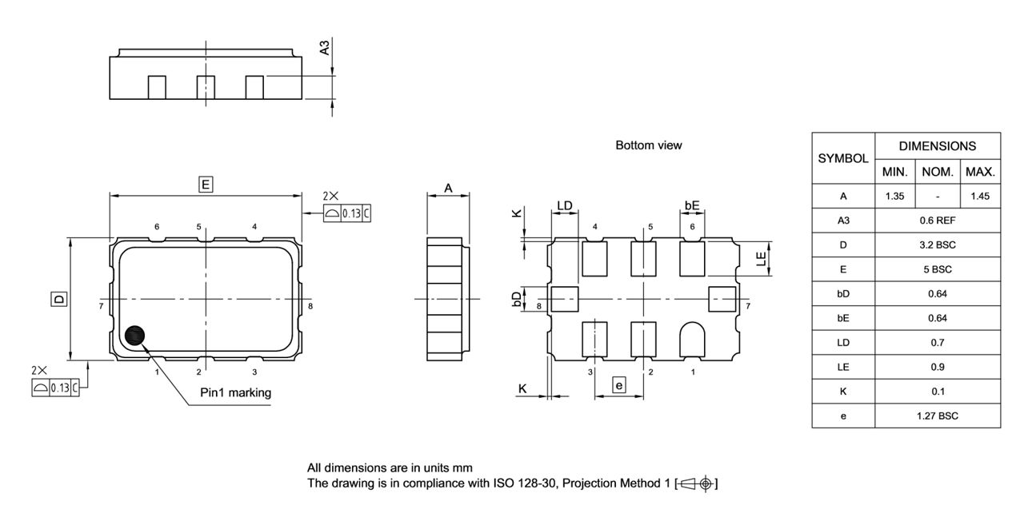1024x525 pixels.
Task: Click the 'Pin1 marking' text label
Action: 235,392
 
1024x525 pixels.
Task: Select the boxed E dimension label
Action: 206,185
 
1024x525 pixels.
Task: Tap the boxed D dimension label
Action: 58,300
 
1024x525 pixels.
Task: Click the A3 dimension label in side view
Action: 325,48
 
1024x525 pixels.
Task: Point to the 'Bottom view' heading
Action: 648,145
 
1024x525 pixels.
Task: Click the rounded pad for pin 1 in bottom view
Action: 692,339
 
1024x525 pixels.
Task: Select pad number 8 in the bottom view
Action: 564,299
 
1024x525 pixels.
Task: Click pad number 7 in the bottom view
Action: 723,299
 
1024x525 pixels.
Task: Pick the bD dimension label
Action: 517,299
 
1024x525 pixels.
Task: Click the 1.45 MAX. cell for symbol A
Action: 980,196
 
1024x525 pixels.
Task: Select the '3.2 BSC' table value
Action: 937,245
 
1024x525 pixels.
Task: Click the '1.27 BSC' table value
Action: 937,416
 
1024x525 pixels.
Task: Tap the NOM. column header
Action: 938,172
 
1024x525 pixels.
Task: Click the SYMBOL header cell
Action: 843,158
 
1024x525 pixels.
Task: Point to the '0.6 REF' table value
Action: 937,221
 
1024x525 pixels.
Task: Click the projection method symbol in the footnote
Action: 697,483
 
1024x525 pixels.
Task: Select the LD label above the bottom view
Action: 565,205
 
